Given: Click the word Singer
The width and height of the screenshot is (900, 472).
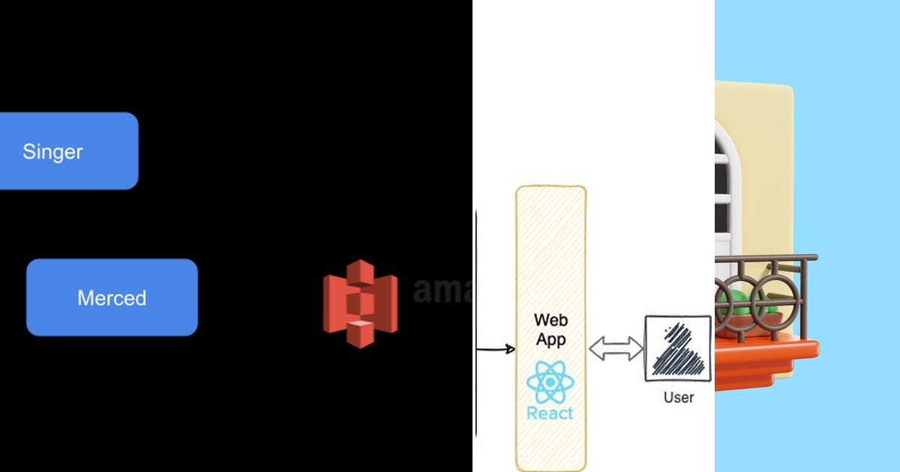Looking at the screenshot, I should coord(52,151).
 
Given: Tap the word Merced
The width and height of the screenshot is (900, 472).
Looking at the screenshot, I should coord(112,298).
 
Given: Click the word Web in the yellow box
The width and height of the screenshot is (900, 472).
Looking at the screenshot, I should coord(550,320).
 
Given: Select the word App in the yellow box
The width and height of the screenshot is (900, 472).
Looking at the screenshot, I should coord(550,339).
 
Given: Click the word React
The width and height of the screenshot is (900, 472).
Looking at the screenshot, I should coord(550,413).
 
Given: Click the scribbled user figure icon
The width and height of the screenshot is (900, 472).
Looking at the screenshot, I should coord(677,348).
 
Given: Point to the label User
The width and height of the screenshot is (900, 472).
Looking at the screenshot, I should coord(678,397).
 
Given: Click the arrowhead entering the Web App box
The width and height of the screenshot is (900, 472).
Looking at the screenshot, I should coord(511,348).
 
